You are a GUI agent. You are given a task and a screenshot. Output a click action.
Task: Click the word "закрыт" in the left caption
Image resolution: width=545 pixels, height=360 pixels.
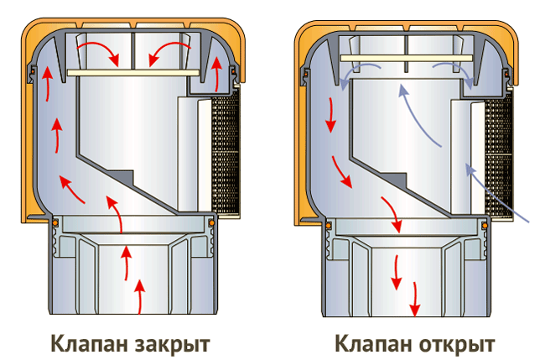pyautogui.click(x=169, y=343)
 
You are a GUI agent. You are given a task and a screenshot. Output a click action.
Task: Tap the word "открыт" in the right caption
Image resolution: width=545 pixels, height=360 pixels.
pyautogui.click(x=453, y=343)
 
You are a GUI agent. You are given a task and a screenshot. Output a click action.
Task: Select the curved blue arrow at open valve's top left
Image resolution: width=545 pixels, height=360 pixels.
pyautogui.click(x=356, y=74)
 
